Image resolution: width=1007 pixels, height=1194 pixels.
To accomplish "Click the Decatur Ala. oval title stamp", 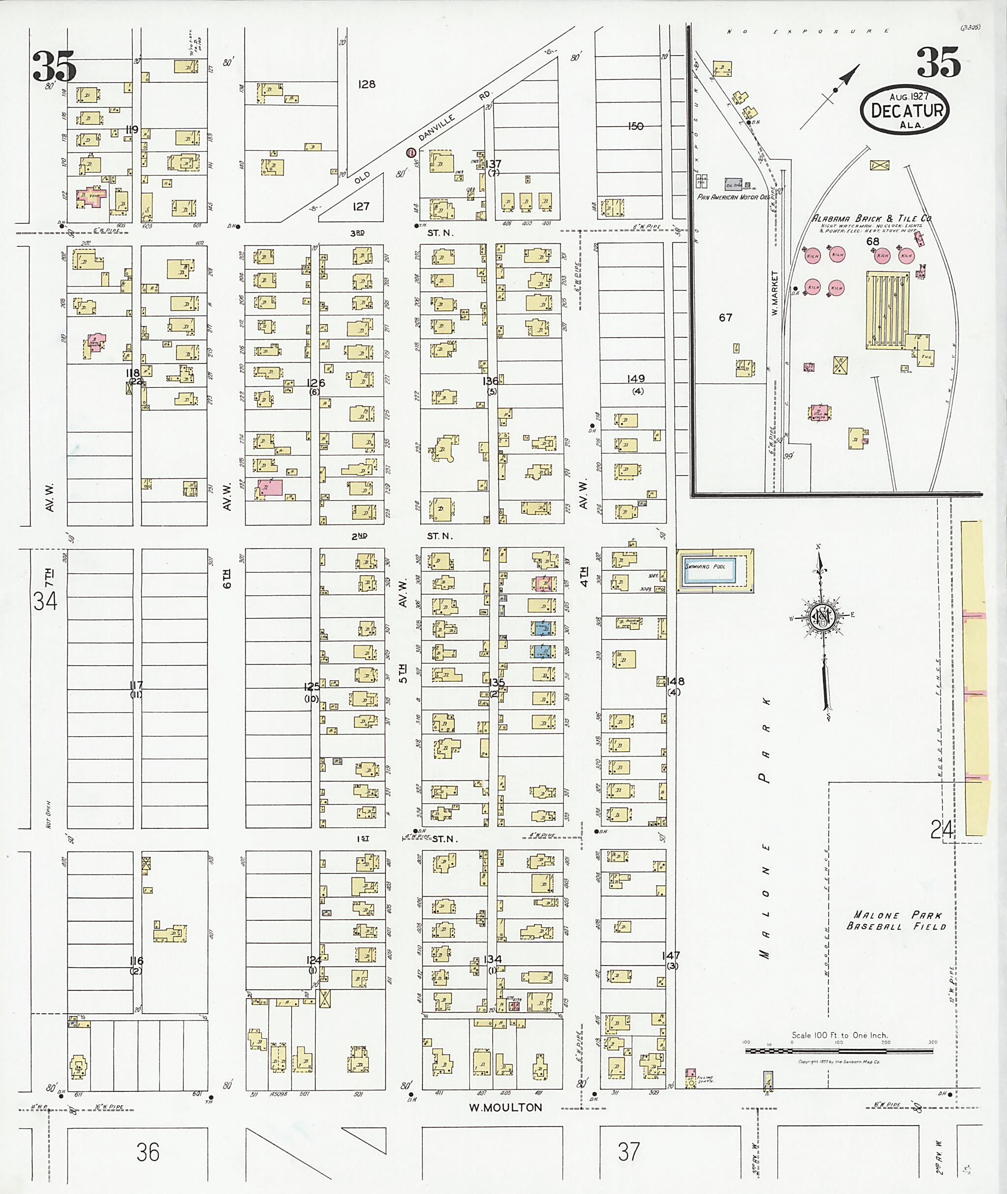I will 905,111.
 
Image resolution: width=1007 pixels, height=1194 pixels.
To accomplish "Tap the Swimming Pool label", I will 705,566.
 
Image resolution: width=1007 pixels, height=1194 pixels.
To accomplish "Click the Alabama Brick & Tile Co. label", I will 872,219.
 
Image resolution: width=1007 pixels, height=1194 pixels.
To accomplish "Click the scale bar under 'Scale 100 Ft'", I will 839,1051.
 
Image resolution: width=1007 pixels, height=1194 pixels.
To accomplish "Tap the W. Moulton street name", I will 505,1108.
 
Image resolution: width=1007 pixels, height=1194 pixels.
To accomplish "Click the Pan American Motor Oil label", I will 734,197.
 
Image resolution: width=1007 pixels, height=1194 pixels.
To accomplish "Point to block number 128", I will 366,85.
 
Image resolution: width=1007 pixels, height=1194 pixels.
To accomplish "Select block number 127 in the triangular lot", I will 361,206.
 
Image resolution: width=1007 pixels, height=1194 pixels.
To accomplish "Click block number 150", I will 635,126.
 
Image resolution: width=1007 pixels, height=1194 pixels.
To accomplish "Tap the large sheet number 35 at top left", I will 54,66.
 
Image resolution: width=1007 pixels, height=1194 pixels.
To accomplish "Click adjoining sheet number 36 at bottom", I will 148,1152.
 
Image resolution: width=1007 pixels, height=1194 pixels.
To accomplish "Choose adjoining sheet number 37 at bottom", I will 628,1152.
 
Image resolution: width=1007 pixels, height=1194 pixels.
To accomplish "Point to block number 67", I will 725,318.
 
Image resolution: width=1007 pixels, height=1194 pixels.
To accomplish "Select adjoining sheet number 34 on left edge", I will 45,601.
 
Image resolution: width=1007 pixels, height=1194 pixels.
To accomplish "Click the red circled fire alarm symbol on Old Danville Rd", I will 410,152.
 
